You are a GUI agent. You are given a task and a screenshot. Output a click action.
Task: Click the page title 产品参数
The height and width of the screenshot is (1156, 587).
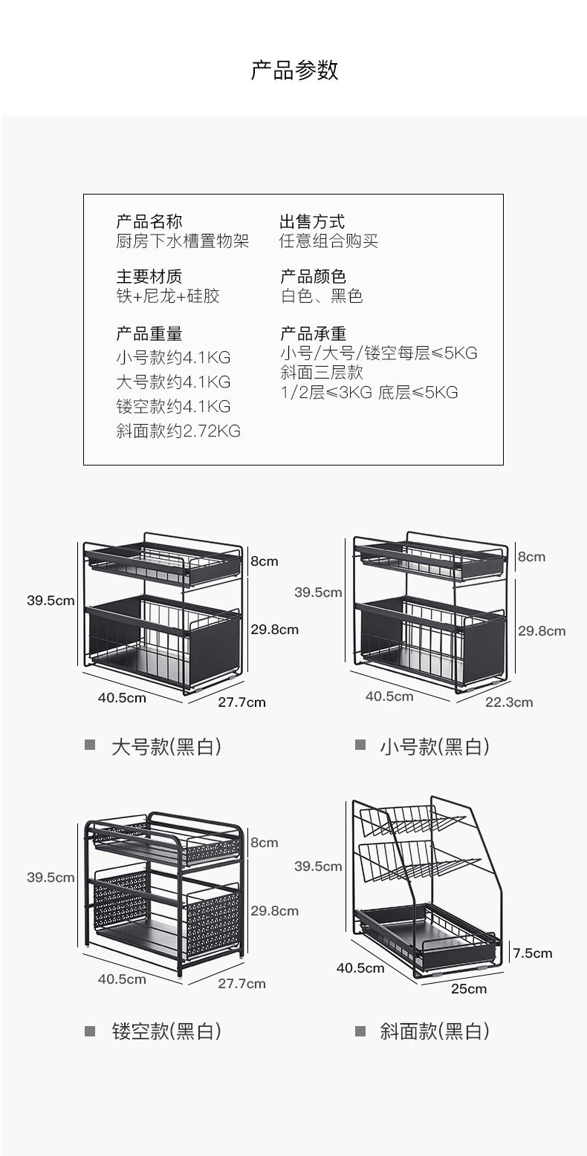pyautogui.click(x=294, y=71)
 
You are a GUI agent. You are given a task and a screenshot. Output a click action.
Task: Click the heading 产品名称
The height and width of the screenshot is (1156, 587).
pyautogui.click(x=149, y=221)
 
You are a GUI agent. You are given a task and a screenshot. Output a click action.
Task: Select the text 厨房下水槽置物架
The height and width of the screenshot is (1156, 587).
pyautogui.click(x=182, y=241)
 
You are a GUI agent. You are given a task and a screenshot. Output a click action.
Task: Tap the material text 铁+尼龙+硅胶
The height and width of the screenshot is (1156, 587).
pyautogui.click(x=168, y=296)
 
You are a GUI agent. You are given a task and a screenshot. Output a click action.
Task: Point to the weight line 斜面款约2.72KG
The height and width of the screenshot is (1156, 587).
pyautogui.click(x=178, y=431)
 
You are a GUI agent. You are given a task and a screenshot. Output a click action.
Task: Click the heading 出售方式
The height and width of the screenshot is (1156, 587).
pyautogui.click(x=312, y=221)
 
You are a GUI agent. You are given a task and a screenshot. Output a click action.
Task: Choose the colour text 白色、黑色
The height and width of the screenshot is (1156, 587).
pyautogui.click(x=322, y=296)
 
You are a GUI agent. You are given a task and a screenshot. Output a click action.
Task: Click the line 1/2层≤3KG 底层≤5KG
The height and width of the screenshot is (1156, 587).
pyautogui.click(x=369, y=392)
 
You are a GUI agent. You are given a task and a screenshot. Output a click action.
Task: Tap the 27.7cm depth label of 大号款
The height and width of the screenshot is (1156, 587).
pyautogui.click(x=241, y=702)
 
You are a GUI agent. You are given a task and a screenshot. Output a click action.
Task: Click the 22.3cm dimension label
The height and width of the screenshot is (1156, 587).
pyautogui.click(x=509, y=702)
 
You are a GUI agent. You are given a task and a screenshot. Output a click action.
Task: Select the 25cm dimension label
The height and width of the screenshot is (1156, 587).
pyautogui.click(x=469, y=988)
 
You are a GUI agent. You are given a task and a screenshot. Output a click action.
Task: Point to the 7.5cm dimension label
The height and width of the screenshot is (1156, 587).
pyautogui.click(x=533, y=953)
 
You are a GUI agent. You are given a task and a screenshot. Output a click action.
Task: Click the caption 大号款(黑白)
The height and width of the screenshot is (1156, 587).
pyautogui.click(x=166, y=746)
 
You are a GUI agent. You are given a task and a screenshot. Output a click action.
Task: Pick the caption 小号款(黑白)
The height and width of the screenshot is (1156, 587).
pyautogui.click(x=435, y=746)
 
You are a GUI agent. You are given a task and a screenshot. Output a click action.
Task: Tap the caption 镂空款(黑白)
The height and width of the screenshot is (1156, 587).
pyautogui.click(x=166, y=1031)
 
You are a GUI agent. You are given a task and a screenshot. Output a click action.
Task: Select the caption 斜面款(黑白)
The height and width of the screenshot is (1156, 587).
pyautogui.click(x=435, y=1031)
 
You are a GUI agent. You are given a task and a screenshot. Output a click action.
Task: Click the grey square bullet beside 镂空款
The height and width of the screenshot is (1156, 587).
pyautogui.click(x=90, y=1031)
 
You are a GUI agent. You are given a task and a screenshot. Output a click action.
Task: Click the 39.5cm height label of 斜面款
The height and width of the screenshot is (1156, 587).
pyautogui.click(x=318, y=866)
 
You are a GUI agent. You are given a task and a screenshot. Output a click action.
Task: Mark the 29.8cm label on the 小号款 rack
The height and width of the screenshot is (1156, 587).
pyautogui.click(x=542, y=631)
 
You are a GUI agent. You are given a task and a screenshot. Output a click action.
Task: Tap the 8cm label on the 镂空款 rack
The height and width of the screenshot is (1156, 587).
pyautogui.click(x=264, y=843)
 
